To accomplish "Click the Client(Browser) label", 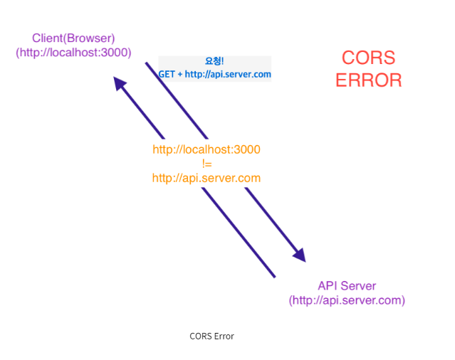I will (73, 38).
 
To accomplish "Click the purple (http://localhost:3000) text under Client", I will (73, 52).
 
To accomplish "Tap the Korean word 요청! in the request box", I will (214, 62).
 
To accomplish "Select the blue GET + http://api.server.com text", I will (214, 74).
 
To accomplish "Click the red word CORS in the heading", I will (368, 58).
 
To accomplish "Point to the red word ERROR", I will (368, 80).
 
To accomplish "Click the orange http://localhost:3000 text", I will (206, 150).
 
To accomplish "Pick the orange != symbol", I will (206, 164).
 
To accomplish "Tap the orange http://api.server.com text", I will (206, 178).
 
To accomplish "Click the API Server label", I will (347, 286).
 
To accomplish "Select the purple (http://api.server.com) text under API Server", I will (347, 300).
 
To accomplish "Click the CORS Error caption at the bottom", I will (211, 336).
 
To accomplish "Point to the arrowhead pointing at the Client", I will (120, 84).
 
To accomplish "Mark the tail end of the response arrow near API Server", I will (273, 275).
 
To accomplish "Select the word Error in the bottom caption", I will (224, 336).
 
